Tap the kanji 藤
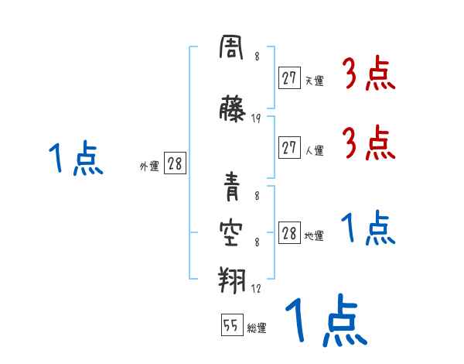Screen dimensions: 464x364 click(232, 109)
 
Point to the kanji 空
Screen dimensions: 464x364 click(232, 230)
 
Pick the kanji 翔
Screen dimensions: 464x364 click(232, 276)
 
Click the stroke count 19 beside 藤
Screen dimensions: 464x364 click(256, 118)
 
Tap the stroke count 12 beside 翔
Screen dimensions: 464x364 click(256, 288)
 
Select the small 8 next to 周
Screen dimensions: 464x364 click(256, 56)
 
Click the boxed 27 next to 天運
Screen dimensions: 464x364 click(289, 77)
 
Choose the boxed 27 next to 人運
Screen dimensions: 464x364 click(289, 149)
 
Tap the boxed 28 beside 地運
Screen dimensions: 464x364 click(289, 234)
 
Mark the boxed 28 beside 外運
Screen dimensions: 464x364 click(175, 164)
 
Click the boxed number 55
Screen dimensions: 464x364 click(230, 326)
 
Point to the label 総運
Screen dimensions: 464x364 click(256, 328)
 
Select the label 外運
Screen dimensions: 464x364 click(149, 166)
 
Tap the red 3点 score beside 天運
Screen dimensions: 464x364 click(367, 74)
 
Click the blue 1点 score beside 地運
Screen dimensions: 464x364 click(367, 228)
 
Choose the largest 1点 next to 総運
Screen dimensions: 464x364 click(325, 321)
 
